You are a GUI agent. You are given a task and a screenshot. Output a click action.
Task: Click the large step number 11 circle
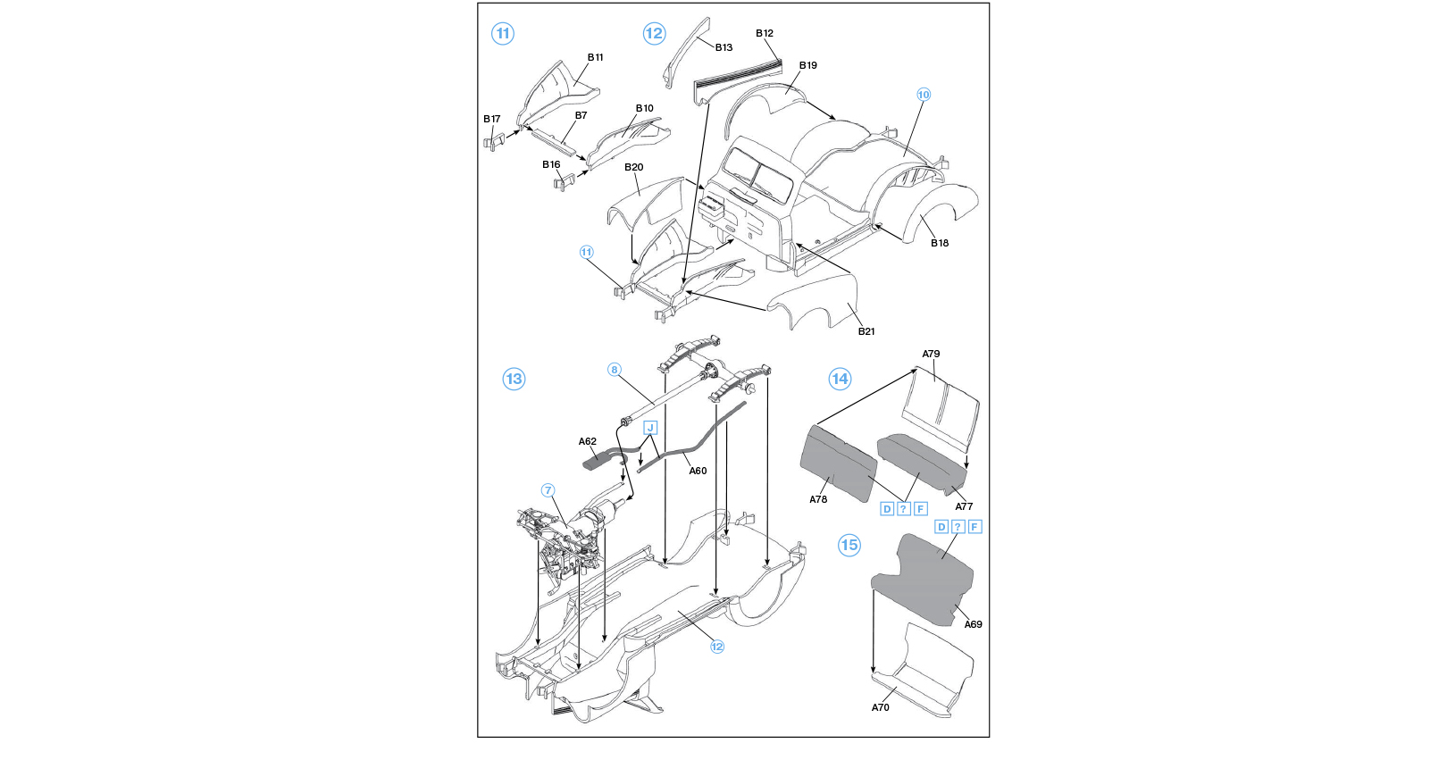(x=503, y=34)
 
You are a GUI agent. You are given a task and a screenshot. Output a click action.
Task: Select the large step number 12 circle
(x=654, y=34)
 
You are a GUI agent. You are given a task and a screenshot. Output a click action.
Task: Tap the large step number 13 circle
(x=514, y=379)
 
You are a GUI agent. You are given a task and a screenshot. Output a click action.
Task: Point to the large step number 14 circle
(x=840, y=379)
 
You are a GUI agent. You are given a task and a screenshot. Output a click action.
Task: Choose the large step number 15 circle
(x=849, y=545)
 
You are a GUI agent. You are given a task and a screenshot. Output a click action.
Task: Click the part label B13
(x=723, y=47)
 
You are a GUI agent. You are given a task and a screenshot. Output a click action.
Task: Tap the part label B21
(x=866, y=331)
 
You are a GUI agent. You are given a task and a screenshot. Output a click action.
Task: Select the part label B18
(x=940, y=243)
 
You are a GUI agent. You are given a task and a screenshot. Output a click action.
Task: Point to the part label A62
(x=587, y=442)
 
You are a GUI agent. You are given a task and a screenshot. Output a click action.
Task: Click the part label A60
(x=698, y=471)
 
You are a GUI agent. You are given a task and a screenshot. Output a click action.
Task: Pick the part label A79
(x=931, y=354)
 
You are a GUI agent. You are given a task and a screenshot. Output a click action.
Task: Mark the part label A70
(x=881, y=707)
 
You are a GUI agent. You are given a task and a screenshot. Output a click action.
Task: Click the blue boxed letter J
(x=650, y=428)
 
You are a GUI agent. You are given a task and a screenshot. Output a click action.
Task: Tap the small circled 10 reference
(x=924, y=95)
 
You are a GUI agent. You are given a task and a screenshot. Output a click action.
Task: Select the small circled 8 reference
(x=615, y=370)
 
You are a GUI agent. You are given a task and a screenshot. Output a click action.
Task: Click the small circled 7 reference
(x=548, y=490)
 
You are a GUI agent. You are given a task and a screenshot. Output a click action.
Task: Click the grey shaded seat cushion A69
(x=924, y=578)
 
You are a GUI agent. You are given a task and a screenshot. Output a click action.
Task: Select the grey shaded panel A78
(x=838, y=464)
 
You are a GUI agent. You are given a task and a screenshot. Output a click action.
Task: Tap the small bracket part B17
(x=494, y=141)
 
